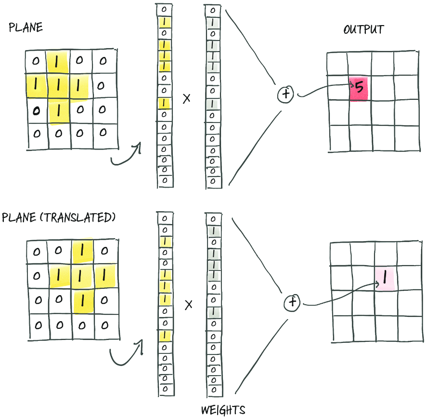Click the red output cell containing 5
click(359, 89)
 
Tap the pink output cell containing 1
click(385, 279)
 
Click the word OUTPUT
click(363, 29)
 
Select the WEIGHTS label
click(223, 410)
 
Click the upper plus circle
click(285, 94)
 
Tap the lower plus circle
click(292, 302)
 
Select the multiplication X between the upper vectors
click(186, 98)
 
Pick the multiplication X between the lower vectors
click(188, 305)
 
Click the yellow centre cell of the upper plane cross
click(58, 86)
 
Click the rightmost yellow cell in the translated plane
click(104, 275)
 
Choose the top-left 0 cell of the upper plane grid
click(36, 62)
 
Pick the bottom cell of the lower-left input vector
click(166, 390)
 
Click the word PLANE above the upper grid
click(26, 27)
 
